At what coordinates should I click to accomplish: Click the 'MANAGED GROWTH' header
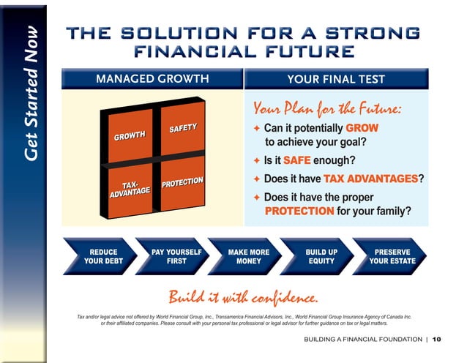click(152, 79)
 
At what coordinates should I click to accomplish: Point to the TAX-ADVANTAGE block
click(130, 190)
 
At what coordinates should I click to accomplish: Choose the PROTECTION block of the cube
click(182, 181)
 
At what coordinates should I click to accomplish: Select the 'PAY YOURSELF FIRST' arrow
click(176, 256)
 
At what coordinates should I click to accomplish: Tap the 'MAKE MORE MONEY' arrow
click(248, 256)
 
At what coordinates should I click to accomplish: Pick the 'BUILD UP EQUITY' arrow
click(321, 256)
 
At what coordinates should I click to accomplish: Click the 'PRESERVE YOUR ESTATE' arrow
click(392, 256)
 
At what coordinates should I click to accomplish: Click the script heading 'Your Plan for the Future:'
click(327, 109)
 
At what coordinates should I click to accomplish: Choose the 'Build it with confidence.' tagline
click(243, 297)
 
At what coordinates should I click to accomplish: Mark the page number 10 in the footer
click(437, 340)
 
